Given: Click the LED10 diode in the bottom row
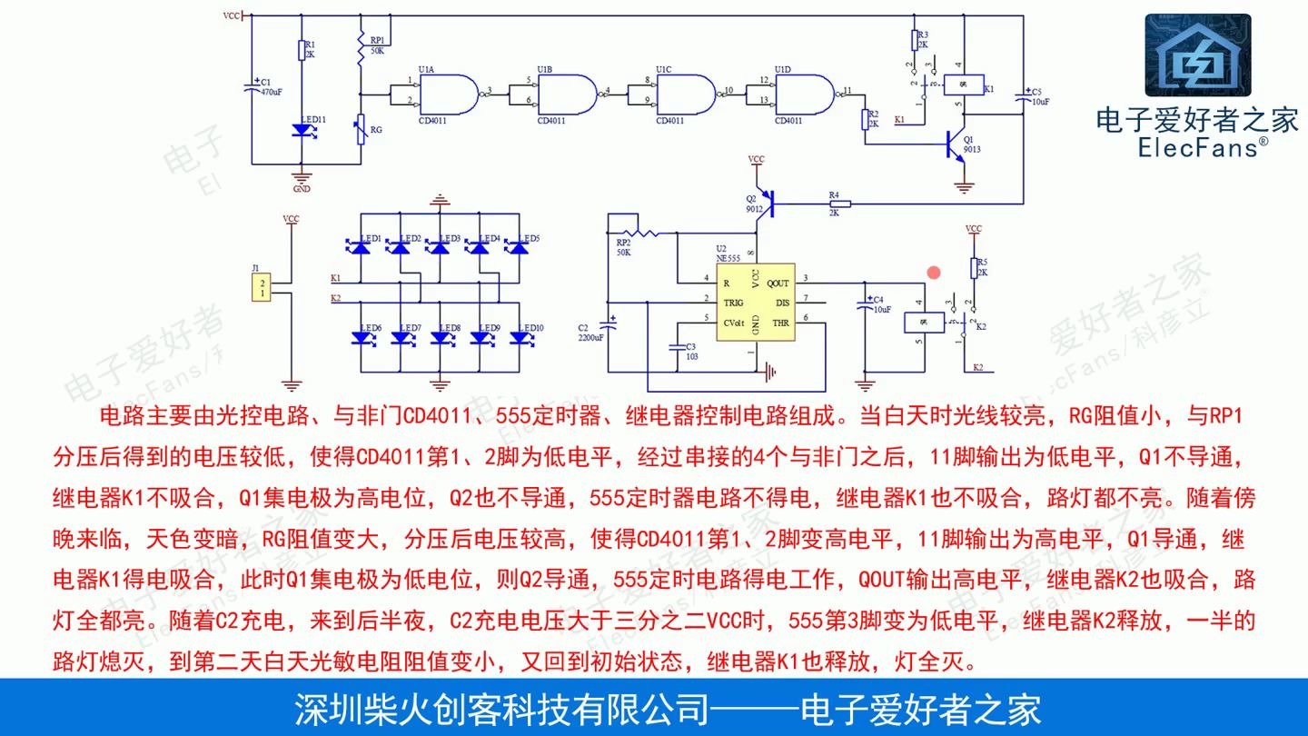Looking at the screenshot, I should pyautogui.click(x=520, y=338).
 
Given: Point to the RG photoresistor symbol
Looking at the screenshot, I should pyautogui.click(x=362, y=129).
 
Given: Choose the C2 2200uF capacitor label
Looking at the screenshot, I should pyautogui.click(x=590, y=332).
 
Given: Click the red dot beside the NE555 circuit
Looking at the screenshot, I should pyautogui.click(x=933, y=272).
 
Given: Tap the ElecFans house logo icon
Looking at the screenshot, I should pyautogui.click(x=1196, y=56).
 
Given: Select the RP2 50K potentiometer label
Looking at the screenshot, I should pyautogui.click(x=623, y=247).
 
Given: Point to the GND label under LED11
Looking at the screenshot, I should pyautogui.click(x=302, y=188).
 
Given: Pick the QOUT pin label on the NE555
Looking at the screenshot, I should pyautogui.click(x=778, y=283).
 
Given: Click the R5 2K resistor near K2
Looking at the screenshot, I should pyautogui.click(x=974, y=268).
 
